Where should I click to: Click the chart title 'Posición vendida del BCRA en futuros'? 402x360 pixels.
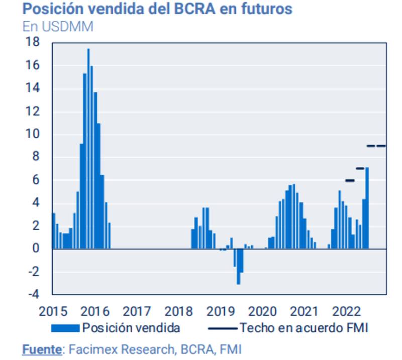click(x=157, y=9)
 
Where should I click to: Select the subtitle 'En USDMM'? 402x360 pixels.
click(x=58, y=26)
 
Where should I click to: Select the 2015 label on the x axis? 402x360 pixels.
click(x=53, y=311)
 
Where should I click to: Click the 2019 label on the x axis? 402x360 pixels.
click(x=221, y=311)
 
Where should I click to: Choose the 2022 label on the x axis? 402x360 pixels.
click(x=346, y=311)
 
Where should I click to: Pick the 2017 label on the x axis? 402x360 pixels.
click(x=137, y=311)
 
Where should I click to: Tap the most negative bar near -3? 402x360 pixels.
click(x=238, y=266)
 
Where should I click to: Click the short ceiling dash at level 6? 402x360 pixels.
click(x=350, y=180)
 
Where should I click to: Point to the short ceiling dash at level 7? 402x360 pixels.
click(x=360, y=168)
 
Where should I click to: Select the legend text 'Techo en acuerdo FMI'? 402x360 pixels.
click(x=304, y=328)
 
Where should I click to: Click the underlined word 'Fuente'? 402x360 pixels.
click(x=42, y=348)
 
